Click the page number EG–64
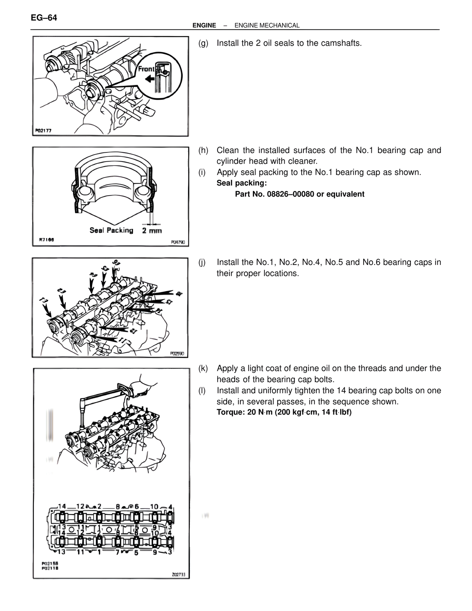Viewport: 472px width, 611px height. click(x=44, y=18)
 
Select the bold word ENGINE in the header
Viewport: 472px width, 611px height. click(x=204, y=25)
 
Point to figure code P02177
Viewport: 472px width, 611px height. click(x=44, y=131)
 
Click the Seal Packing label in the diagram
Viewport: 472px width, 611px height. click(x=111, y=230)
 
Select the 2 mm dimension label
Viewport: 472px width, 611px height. click(x=152, y=231)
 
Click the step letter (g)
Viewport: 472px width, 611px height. click(x=203, y=43)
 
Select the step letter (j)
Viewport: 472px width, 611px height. click(x=202, y=262)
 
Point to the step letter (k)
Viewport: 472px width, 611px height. click(x=203, y=368)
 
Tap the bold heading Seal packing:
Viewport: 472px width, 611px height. click(x=242, y=183)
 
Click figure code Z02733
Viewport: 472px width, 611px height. click(x=178, y=575)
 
